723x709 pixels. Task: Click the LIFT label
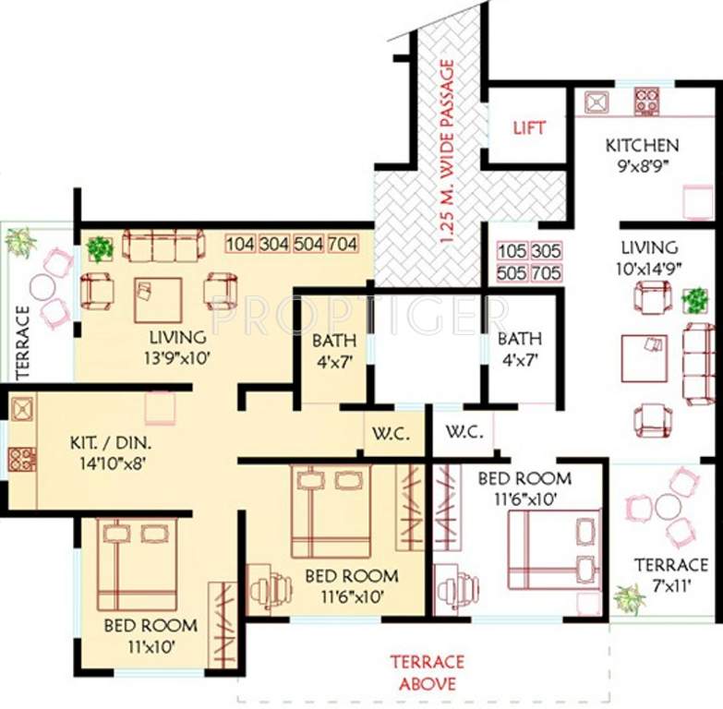(529, 127)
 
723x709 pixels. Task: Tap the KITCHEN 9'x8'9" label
(642, 154)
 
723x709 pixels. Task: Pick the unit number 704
(343, 245)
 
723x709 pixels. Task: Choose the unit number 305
(546, 251)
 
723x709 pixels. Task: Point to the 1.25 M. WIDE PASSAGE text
(448, 150)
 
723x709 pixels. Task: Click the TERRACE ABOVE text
(426, 673)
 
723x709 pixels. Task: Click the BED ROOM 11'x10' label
(150, 634)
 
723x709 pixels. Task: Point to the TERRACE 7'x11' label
(671, 573)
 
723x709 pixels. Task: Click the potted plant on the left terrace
(18, 242)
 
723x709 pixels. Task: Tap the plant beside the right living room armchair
(695, 299)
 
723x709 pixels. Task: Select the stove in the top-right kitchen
(646, 101)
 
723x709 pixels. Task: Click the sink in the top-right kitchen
(594, 101)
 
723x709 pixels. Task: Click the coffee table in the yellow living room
(157, 299)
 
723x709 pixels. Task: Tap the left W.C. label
(384, 432)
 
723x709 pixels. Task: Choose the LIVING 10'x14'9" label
(648, 256)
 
